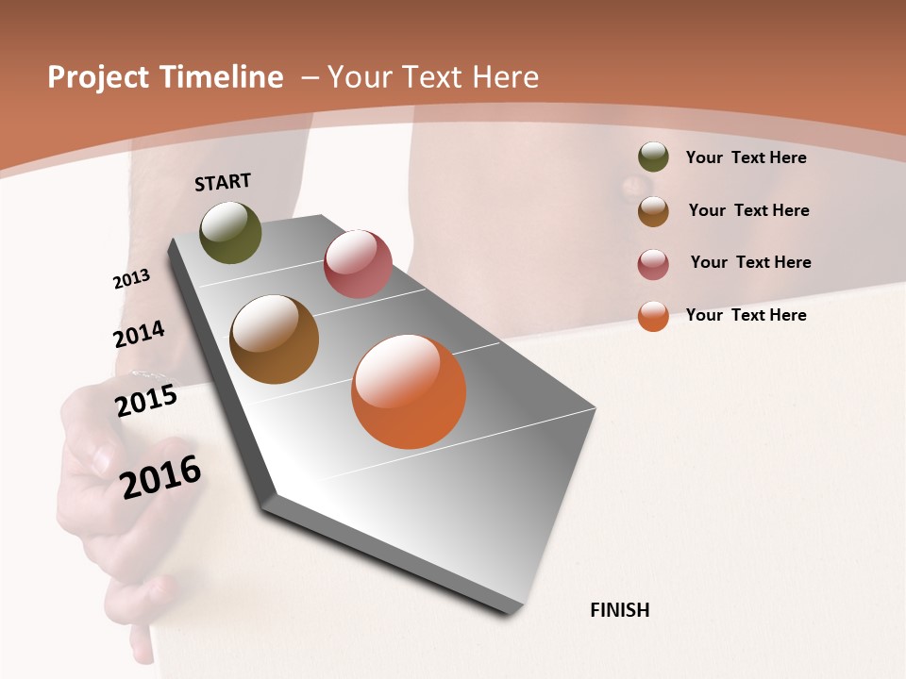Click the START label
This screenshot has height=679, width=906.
pos(223,182)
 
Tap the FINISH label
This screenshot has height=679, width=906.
pos(620,610)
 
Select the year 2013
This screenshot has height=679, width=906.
pos(131,279)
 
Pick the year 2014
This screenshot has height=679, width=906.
pos(140,335)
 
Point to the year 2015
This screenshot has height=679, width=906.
pos(146,401)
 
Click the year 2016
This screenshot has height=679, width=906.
pos(161,477)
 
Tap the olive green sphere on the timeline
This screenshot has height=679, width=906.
pos(231,233)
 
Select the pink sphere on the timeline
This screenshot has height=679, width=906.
pos(358,264)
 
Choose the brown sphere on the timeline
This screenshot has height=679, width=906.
pos(275,339)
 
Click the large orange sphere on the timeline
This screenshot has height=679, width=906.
pos(409,391)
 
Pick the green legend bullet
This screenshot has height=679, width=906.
pos(653,157)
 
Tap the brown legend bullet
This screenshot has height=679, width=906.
pos(653,210)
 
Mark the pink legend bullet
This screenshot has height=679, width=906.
pos(653,263)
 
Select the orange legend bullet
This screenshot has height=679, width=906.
pos(653,316)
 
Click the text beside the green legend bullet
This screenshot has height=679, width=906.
pos(746,157)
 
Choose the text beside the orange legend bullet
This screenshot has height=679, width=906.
pos(746,315)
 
